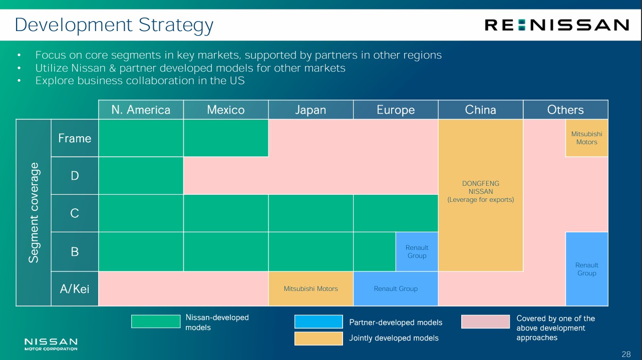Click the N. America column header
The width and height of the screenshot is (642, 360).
141,110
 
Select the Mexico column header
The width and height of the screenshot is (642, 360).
226,110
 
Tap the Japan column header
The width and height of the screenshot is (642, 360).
310,110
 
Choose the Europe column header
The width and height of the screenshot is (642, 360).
396,110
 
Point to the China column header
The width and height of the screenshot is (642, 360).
480,110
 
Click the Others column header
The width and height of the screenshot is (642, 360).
565,110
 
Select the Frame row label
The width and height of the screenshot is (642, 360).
75,138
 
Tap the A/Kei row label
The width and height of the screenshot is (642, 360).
75,288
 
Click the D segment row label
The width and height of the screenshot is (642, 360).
75,175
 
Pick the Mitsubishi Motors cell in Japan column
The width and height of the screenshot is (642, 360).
310,288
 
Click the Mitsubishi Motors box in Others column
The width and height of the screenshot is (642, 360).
587,138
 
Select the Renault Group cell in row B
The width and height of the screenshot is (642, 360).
417,251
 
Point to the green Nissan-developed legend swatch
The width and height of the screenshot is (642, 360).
156,321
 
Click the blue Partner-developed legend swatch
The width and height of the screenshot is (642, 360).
318,321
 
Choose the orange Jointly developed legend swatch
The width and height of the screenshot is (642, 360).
318,338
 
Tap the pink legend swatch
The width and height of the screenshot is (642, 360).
486,321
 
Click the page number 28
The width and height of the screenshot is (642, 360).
626,354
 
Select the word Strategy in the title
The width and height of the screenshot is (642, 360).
176,25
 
